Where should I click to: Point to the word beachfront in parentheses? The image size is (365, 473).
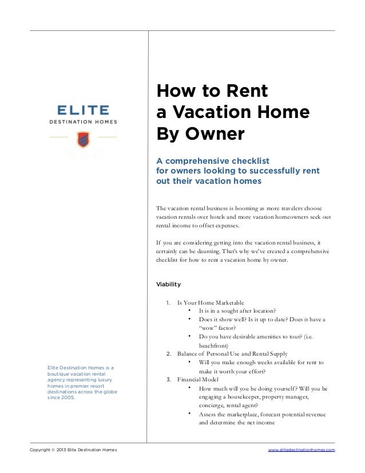[213, 345]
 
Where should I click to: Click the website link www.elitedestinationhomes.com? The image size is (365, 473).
[301, 451]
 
